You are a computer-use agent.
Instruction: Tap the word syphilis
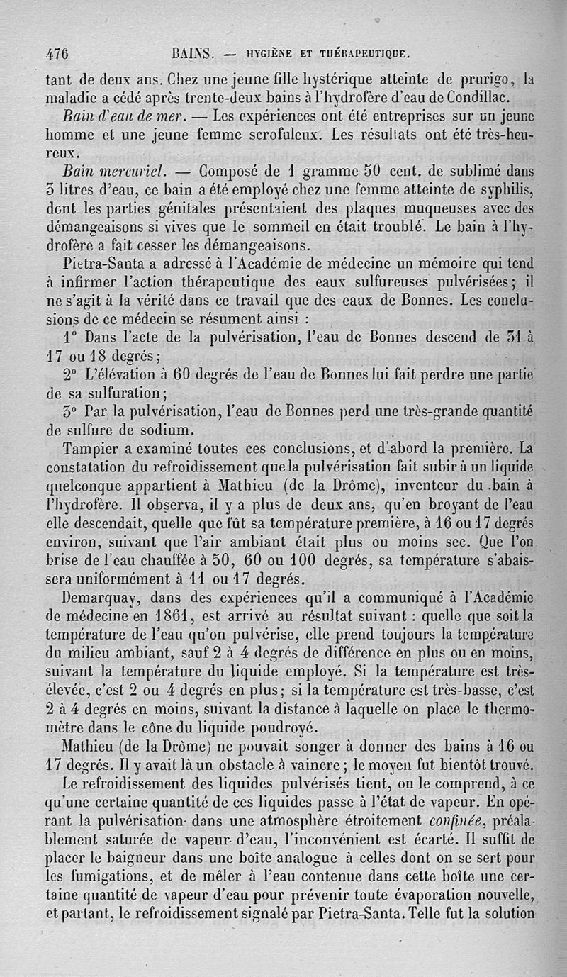503,191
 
